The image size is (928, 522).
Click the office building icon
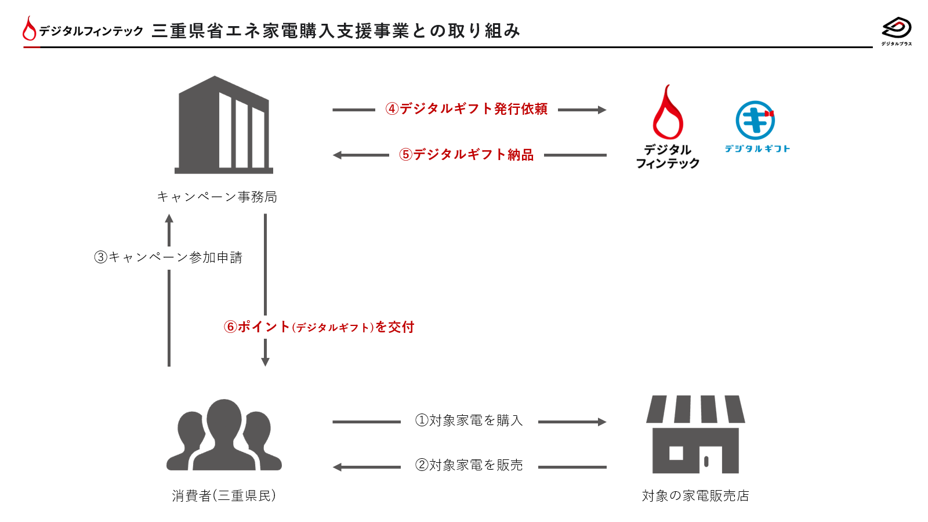224,125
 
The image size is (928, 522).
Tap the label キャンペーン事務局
217,197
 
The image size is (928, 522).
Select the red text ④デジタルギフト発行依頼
466,109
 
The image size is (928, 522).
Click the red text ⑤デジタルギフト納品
466,155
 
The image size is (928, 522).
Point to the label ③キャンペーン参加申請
168,258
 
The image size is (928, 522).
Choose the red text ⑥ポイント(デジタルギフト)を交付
319,327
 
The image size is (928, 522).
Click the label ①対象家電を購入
469,420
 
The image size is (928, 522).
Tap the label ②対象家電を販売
469,465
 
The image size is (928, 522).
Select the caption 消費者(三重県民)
224,496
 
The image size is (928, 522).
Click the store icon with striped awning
695,434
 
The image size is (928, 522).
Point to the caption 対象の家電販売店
695,496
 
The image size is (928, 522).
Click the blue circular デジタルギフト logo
755,121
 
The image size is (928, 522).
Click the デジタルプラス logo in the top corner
897,29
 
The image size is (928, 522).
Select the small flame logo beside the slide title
29,28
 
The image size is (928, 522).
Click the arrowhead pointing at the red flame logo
602,110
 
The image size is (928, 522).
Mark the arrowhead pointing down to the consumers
265,362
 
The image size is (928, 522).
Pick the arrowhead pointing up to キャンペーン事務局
169,219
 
